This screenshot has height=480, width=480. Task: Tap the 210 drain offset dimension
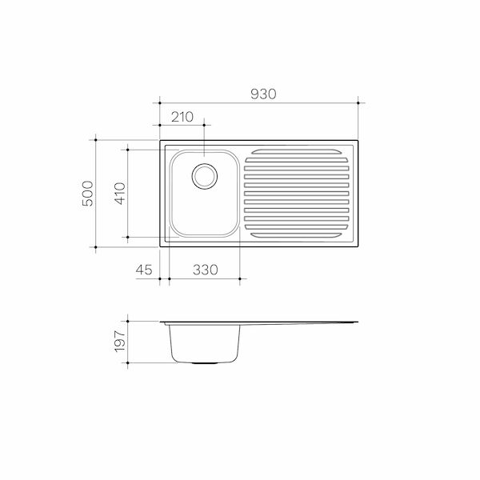coord(183,117)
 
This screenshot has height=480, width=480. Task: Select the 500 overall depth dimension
coord(88,194)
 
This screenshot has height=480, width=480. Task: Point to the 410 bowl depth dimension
coord(119,194)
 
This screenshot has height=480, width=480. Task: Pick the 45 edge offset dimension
coord(144,270)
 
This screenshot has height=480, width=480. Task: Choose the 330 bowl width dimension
coord(206,270)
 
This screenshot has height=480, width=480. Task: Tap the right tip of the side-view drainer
coord(357,322)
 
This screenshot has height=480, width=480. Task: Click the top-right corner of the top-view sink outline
coord(358,142)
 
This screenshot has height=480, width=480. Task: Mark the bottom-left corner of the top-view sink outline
coord(161,246)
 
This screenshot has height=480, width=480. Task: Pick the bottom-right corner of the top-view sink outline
coord(358,246)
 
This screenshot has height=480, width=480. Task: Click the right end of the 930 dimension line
coord(358,102)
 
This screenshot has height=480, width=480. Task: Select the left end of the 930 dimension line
coord(160,102)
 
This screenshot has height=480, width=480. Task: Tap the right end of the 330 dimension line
coord(240,279)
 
